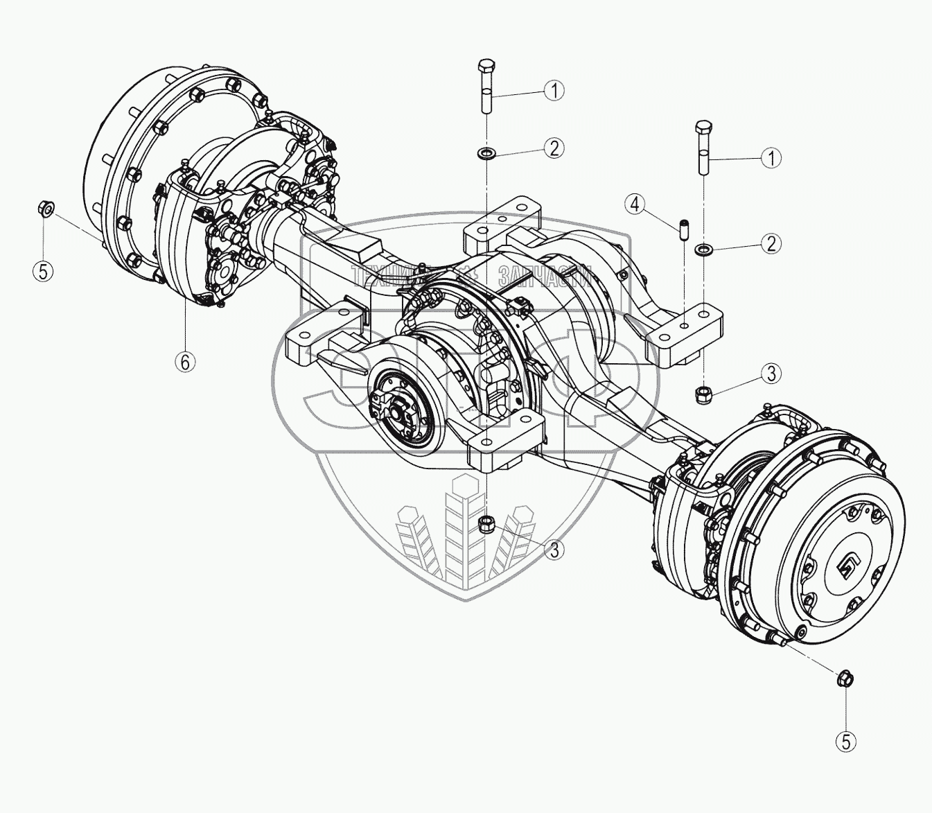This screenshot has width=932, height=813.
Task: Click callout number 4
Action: (x=635, y=204)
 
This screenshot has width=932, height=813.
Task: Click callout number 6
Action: (x=185, y=361)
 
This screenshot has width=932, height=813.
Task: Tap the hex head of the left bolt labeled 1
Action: (x=485, y=68)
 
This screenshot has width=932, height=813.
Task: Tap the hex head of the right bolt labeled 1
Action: (x=703, y=129)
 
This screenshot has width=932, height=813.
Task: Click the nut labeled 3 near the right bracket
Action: (x=703, y=392)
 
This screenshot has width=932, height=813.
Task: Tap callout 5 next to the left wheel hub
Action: (x=44, y=271)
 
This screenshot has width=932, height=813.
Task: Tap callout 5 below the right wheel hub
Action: (x=845, y=742)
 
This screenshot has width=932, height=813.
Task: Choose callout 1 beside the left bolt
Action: (x=554, y=90)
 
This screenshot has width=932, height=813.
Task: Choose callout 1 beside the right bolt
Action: (x=771, y=158)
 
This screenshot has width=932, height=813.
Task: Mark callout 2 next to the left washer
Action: (x=554, y=148)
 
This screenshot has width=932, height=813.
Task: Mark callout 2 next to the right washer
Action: (x=771, y=243)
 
